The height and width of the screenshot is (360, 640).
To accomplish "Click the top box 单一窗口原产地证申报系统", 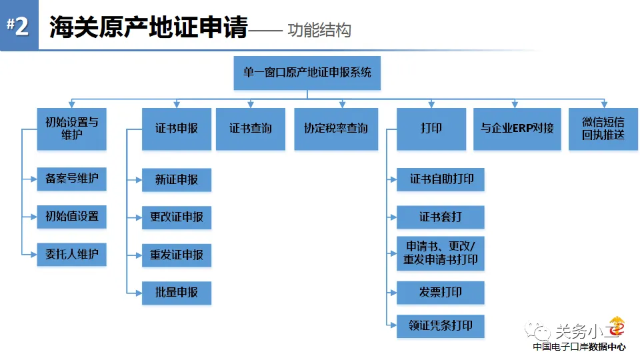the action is click(307, 73).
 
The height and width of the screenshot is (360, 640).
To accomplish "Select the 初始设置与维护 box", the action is click(72, 129).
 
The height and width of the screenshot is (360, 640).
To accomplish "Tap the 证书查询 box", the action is click(251, 129).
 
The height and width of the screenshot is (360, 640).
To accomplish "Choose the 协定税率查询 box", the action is click(336, 129).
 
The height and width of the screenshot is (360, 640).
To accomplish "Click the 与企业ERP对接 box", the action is click(517, 129).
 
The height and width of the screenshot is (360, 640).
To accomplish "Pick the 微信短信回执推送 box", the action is click(603, 129).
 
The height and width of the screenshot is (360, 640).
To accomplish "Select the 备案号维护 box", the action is click(72, 179).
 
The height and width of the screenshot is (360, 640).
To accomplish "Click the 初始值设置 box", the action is click(72, 217).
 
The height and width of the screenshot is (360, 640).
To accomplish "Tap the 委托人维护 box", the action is click(72, 255).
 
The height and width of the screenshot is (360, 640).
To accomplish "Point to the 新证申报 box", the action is click(177, 179).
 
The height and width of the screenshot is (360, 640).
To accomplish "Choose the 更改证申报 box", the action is click(177, 217).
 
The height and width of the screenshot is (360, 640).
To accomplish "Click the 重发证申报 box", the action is click(177, 255).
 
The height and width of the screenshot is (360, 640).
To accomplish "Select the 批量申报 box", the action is click(177, 293).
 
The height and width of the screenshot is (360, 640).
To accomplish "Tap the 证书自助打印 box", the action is click(441, 179).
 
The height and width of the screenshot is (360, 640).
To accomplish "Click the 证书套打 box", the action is click(441, 217).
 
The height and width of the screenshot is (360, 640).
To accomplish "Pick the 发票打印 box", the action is click(441, 293).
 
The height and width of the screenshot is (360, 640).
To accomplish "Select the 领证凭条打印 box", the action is click(441, 326).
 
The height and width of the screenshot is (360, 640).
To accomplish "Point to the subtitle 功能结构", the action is click(319, 30).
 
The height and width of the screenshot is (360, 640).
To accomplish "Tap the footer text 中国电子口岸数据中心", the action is click(579, 347).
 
